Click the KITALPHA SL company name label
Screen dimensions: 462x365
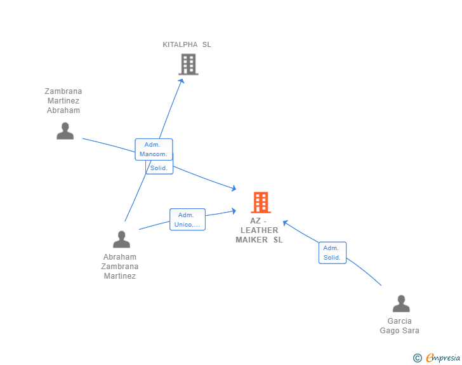tap(187, 44)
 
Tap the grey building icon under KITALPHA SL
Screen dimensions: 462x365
tap(188, 64)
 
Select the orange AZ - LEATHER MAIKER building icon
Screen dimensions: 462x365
tap(261, 202)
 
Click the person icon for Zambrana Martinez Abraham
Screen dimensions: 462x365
tap(65, 131)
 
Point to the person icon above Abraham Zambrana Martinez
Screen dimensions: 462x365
tap(121, 239)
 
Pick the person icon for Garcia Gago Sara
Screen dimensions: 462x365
tap(401, 303)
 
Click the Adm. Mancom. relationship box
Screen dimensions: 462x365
tap(154, 149)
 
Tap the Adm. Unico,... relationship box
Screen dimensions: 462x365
tap(187, 220)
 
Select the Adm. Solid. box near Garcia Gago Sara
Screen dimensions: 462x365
tap(333, 253)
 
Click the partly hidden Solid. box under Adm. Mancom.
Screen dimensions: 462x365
tap(159, 168)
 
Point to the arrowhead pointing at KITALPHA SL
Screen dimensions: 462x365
tap(181, 81)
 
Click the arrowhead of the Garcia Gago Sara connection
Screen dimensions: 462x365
tap(286, 223)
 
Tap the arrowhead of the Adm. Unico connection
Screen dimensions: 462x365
tap(234, 211)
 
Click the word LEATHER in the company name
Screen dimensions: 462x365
tap(260, 230)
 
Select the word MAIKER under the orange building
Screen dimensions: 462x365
tap(251, 240)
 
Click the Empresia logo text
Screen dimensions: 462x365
tap(443, 357)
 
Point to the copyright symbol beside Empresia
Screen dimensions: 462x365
tap(418, 358)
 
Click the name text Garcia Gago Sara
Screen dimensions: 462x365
tap(400, 326)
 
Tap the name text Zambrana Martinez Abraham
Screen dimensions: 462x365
tap(63, 101)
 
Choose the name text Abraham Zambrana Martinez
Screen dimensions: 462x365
tap(120, 267)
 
